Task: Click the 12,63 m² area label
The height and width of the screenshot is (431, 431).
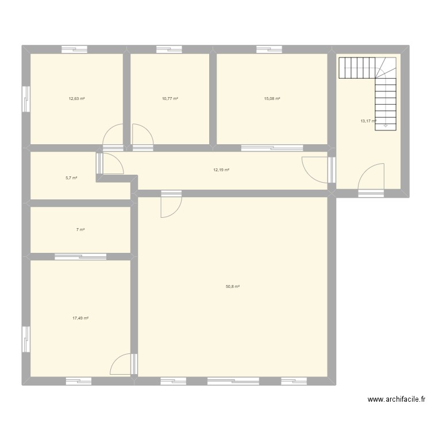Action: tap(76, 99)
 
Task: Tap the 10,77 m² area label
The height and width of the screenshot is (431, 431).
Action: tap(170, 99)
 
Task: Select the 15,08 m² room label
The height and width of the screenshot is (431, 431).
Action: tap(272, 99)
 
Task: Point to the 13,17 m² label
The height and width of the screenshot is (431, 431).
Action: tap(368, 121)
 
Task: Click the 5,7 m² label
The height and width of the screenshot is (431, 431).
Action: tap(71, 178)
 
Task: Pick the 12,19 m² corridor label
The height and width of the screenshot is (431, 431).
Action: tap(221, 170)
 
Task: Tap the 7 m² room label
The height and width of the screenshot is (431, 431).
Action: tap(80, 230)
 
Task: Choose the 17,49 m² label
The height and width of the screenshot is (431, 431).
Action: tap(80, 318)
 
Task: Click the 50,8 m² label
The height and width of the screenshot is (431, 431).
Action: tap(233, 286)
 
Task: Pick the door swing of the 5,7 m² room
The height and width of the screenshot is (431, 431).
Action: tap(113, 163)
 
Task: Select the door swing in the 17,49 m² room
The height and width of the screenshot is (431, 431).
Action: tap(121, 364)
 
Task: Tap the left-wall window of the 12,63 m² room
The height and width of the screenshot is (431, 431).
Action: tap(26, 99)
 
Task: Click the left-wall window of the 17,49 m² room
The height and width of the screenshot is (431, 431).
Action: tap(26, 339)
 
